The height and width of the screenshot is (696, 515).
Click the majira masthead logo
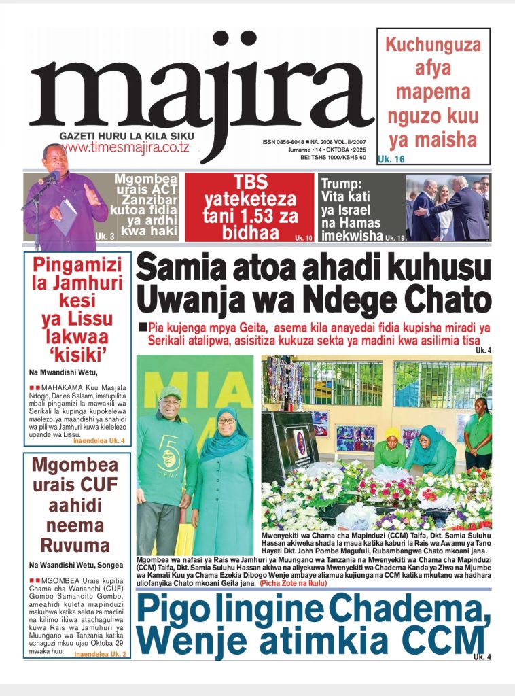[197, 88]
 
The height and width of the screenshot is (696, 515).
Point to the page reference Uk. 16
[391, 160]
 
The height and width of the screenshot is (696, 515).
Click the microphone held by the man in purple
[48, 179]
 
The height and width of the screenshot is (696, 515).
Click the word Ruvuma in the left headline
[75, 545]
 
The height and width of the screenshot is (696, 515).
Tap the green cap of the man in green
[170, 392]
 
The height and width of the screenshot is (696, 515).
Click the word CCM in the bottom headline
[444, 640]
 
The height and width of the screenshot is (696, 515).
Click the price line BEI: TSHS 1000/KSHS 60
[333, 158]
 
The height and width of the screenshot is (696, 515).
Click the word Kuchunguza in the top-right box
[433, 46]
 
